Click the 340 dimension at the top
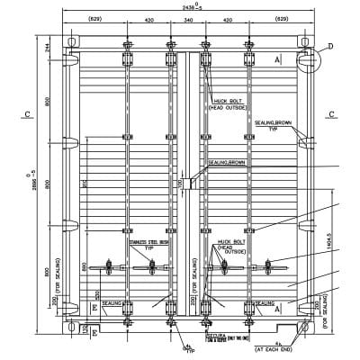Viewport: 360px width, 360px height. coord(187,18)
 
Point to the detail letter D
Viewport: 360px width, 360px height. coord(329,45)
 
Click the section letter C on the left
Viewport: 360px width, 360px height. coord(29,114)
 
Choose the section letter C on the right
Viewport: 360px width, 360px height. coord(331,114)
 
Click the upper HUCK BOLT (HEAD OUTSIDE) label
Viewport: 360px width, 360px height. coord(228,103)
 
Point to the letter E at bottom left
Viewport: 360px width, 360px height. coord(94,307)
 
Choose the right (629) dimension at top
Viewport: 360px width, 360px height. coord(281,18)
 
